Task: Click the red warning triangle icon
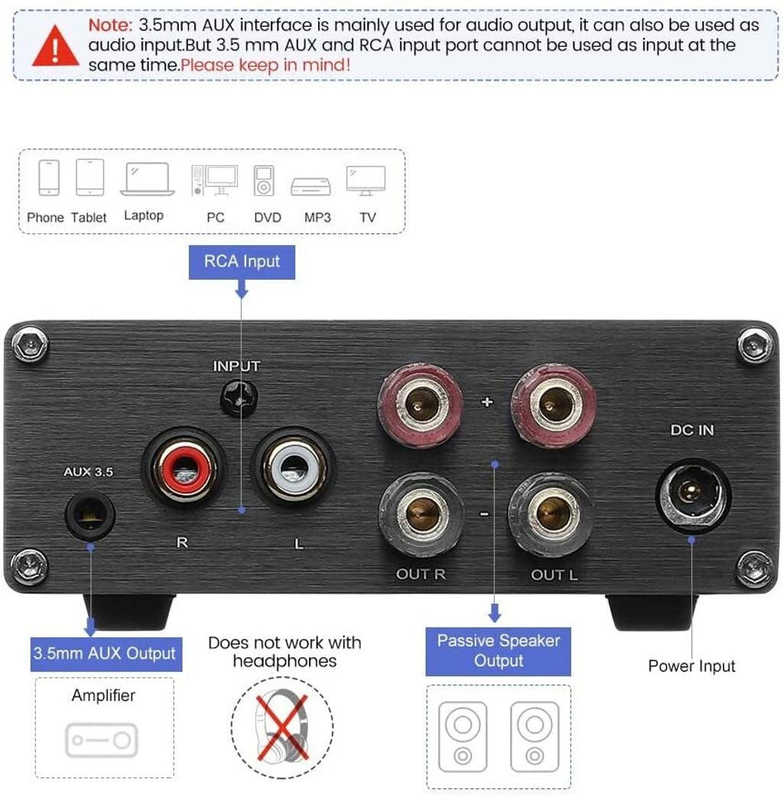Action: pos(55,45)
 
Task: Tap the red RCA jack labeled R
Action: pos(184,467)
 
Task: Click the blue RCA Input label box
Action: pos(242,261)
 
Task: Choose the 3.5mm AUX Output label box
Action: pos(106,654)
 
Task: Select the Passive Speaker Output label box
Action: pos(498,651)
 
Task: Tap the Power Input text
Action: pos(691,666)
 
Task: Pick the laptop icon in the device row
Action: pos(147,179)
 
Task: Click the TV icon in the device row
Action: pos(366,180)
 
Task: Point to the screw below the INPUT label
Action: pos(237,397)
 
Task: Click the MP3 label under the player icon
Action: pos(317,218)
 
